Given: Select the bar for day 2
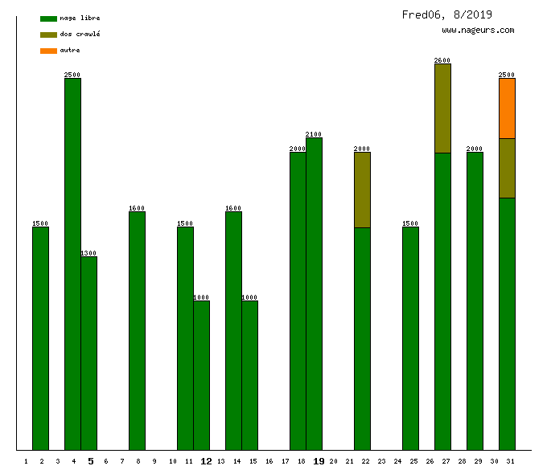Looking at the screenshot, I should click(40, 338).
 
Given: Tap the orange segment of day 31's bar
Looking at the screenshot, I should click(507, 108).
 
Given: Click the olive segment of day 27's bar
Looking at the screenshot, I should click(442, 108).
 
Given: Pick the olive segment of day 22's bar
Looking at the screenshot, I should click(362, 190).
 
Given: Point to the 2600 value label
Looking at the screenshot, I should click(442, 60).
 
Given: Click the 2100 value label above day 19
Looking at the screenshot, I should click(314, 134).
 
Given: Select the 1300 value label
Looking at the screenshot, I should click(88, 253).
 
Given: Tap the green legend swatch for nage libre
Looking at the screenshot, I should click(48, 18).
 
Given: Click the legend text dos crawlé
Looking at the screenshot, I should click(80, 35).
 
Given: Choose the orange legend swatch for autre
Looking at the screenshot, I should click(48, 51).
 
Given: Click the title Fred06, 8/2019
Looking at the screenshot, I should click(447, 14).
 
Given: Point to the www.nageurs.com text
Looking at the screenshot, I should click(478, 31).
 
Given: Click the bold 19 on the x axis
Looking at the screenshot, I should click(319, 461).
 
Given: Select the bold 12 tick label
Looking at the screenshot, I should click(206, 461).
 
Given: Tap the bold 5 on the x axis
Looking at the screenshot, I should click(90, 461).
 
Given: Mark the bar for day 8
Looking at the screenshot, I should click(137, 330).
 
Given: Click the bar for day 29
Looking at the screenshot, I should click(475, 300).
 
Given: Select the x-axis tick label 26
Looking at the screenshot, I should click(430, 461).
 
